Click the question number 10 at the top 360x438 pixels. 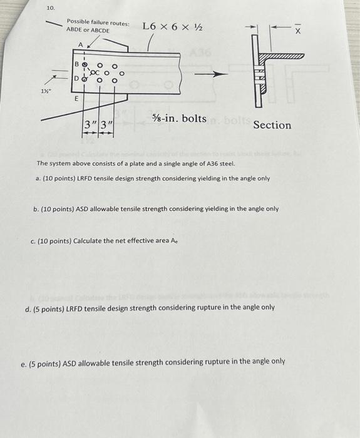pos(51,8)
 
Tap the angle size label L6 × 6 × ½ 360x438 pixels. pos(172,26)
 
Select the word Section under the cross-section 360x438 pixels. pos(272,125)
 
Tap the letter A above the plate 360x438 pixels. pos(80,44)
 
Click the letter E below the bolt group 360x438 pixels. pos(76,98)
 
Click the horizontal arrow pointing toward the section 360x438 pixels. pos(210,74)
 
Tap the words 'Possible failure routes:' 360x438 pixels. pos(98,23)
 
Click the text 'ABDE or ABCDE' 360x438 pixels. pos(88,31)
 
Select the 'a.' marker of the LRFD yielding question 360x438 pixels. pos(39,178)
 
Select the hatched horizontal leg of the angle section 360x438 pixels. pos(282,56)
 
